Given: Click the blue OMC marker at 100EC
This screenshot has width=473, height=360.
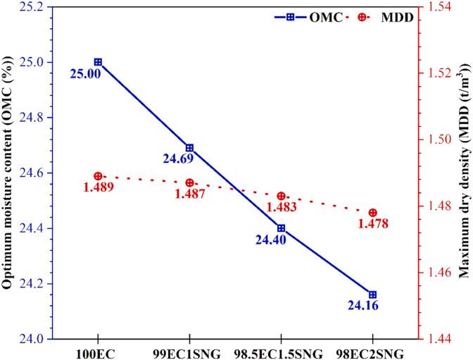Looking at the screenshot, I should [x=98, y=62].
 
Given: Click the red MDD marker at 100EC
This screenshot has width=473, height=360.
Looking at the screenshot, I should [x=98, y=176].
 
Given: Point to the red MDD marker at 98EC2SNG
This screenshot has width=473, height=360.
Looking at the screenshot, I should [x=373, y=213].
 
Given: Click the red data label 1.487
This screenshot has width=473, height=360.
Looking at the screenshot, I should [x=189, y=194].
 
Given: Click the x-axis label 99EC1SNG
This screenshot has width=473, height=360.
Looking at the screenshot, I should [x=189, y=352].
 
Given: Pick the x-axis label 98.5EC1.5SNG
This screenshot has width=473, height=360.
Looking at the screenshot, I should [x=281, y=352].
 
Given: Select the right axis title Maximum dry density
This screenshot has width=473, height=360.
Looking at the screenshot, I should [x=465, y=173].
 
